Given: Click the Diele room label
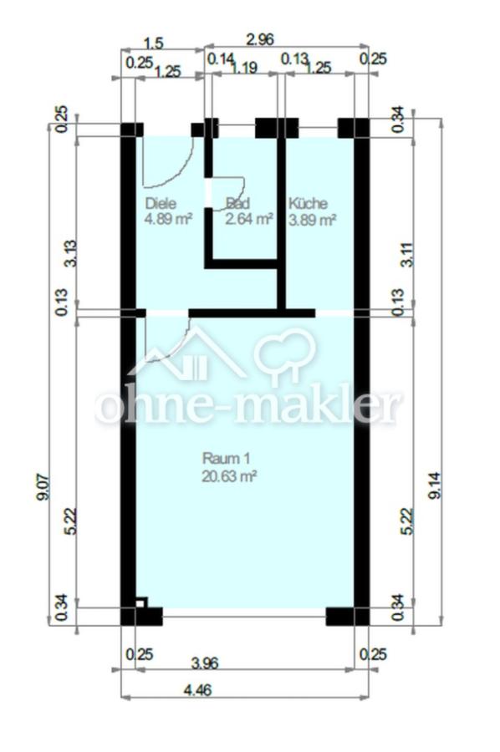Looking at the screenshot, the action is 161,203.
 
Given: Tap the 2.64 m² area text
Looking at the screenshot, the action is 249,219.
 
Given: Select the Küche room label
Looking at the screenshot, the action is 308,203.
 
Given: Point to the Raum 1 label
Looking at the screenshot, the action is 226,459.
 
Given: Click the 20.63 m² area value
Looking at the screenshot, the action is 229,476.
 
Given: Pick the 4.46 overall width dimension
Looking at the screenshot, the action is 197,690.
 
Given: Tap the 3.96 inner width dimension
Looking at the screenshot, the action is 204,663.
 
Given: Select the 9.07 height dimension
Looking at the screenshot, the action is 43,487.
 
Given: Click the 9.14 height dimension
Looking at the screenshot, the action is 435,485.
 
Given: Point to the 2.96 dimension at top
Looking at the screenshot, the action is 259,38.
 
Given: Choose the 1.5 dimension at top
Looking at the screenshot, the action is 154,43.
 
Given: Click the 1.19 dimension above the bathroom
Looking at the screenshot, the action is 244,68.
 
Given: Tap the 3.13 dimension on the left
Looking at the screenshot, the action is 70,253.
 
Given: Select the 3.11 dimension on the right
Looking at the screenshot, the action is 407,254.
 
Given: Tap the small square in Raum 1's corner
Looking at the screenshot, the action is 141,602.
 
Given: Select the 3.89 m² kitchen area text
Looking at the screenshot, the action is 312,220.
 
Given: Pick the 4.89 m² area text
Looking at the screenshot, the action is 168,219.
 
